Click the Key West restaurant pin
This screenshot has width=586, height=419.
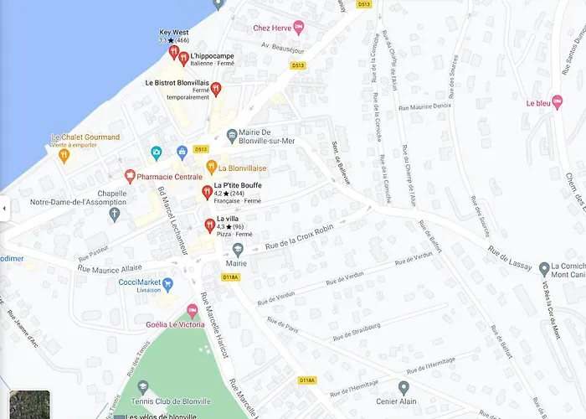click(173, 52)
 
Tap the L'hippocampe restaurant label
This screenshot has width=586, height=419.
click(212, 56)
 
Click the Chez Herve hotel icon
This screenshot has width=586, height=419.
click(298, 28)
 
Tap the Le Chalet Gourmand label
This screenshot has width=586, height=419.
click(85, 137)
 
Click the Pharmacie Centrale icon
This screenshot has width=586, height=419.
click(130, 176)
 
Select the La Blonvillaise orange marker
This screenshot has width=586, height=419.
click(212, 167)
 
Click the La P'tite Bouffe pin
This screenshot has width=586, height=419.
click(207, 192)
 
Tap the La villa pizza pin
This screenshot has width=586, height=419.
click(209, 225)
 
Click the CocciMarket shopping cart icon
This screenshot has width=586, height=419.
click(167, 284)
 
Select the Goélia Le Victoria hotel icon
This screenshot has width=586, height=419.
click(192, 311)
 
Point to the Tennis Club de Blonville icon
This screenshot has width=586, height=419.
click(142, 387)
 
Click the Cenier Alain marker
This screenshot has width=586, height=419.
click(404, 387)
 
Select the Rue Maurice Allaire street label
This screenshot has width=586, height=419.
click(110, 267)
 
